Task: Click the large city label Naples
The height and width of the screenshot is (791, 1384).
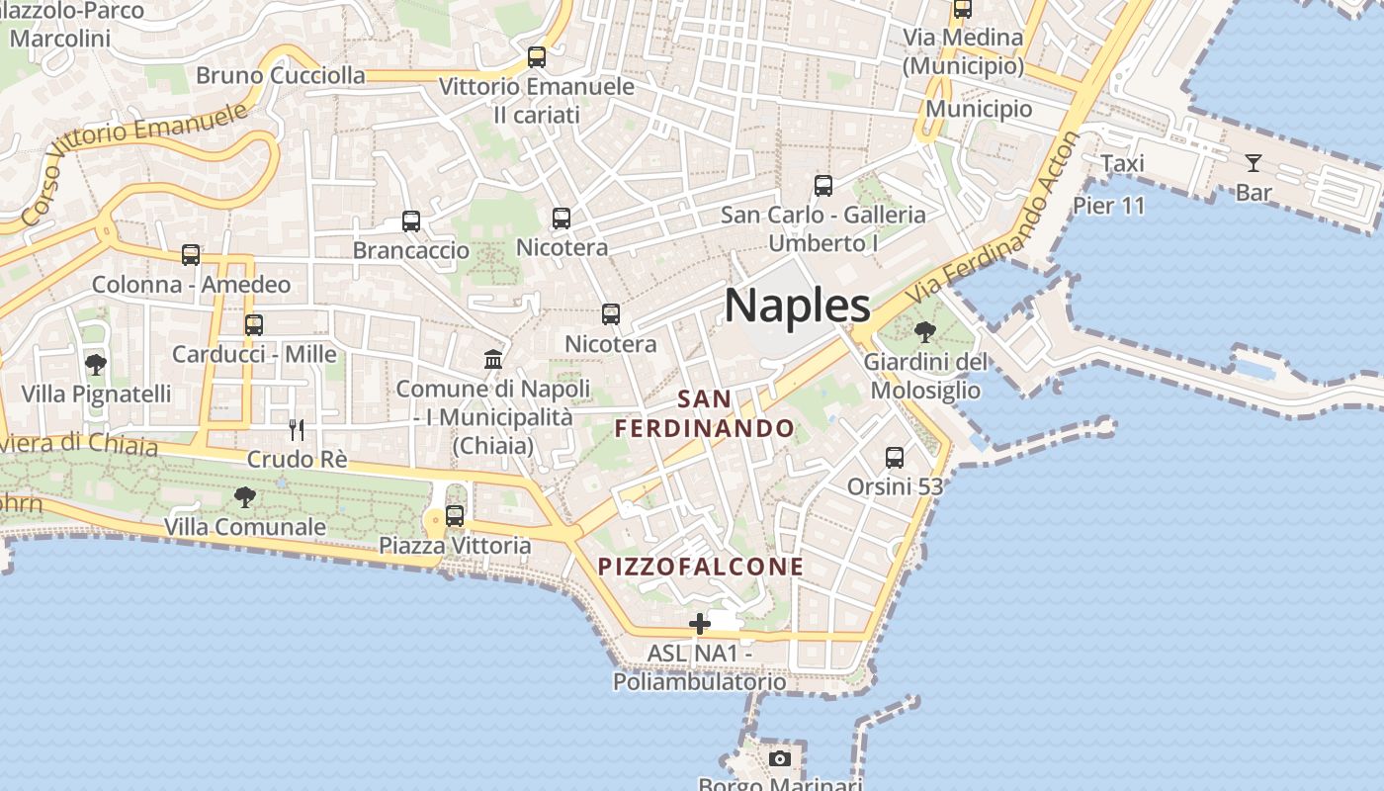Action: click(797, 306)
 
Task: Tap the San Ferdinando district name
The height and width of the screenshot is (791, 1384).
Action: click(704, 414)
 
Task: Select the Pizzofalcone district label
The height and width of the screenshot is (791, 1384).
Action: click(701, 567)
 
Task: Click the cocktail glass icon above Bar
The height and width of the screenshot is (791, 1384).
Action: click(1254, 163)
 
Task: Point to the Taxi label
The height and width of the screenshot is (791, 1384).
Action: click(1122, 164)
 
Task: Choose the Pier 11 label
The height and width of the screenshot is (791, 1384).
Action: click(1109, 206)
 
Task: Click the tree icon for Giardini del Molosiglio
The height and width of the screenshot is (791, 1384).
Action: click(925, 332)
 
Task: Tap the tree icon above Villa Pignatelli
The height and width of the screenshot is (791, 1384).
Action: click(96, 365)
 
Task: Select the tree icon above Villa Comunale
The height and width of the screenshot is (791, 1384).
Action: click(244, 497)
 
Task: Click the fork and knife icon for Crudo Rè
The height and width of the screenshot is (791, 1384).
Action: click(296, 430)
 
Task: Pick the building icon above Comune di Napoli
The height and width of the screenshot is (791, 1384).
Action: click(493, 359)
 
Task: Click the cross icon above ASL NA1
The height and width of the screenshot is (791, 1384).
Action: click(700, 624)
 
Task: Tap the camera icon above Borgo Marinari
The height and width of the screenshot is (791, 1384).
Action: click(780, 759)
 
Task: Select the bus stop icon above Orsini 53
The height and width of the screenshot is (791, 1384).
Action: click(895, 458)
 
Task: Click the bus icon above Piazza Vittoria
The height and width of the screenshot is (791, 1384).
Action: click(455, 516)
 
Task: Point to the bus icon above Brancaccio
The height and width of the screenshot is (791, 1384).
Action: click(411, 221)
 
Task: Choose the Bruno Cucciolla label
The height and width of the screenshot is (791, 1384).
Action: click(280, 75)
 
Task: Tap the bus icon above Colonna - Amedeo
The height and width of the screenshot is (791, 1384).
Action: click(191, 256)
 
